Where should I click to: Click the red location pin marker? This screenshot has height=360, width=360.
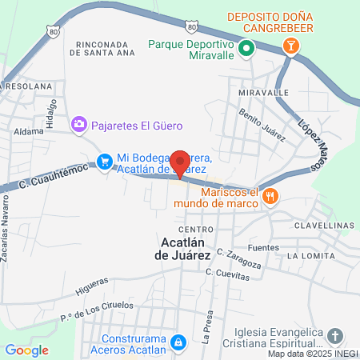180,162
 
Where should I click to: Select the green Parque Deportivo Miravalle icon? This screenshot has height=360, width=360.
247,48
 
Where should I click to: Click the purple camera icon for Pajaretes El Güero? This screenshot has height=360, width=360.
78,124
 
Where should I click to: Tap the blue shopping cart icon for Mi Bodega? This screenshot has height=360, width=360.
104,162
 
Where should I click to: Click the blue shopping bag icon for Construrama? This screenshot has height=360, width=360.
180,342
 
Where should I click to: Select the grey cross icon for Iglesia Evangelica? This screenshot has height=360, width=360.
335,335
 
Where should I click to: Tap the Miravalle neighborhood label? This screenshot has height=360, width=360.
263,92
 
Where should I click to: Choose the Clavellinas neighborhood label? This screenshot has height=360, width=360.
326,226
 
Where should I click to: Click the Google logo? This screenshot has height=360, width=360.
26,350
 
